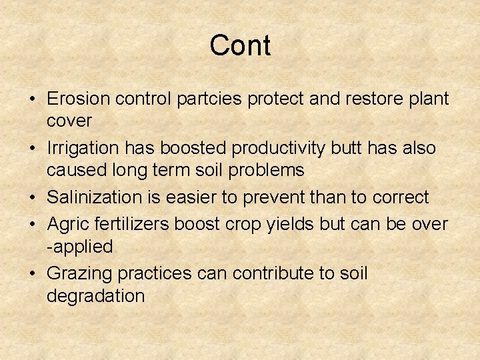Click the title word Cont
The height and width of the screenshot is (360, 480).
[x=240, y=46]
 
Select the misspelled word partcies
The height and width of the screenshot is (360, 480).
[x=210, y=99]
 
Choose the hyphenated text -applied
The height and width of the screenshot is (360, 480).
[x=79, y=247]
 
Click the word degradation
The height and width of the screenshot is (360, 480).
[x=95, y=295]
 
